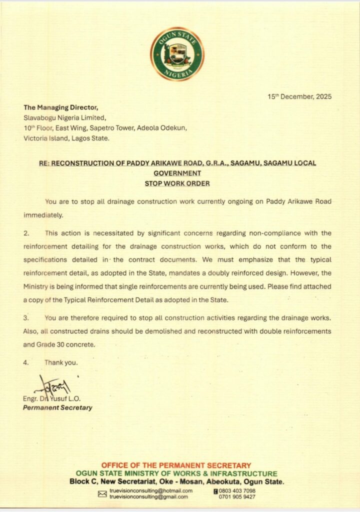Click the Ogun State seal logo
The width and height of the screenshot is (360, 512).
[x=177, y=54]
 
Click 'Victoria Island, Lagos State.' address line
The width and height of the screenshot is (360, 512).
[x=66, y=138]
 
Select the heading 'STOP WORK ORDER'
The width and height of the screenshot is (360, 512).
[x=177, y=183]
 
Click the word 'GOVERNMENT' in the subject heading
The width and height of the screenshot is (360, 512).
[x=177, y=173]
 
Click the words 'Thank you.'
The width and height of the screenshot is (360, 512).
[x=61, y=362]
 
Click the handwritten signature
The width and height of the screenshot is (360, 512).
[x=53, y=385]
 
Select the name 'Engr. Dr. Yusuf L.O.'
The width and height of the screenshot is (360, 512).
[x=52, y=398]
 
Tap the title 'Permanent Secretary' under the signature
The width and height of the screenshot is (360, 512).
[x=57, y=407]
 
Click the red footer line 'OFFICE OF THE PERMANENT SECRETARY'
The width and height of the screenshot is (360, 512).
[x=176, y=465]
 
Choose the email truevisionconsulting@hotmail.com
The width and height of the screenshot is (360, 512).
[x=151, y=491]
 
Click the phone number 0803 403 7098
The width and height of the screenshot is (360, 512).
[x=237, y=491]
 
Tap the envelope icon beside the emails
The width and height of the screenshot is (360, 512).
[x=102, y=494]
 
